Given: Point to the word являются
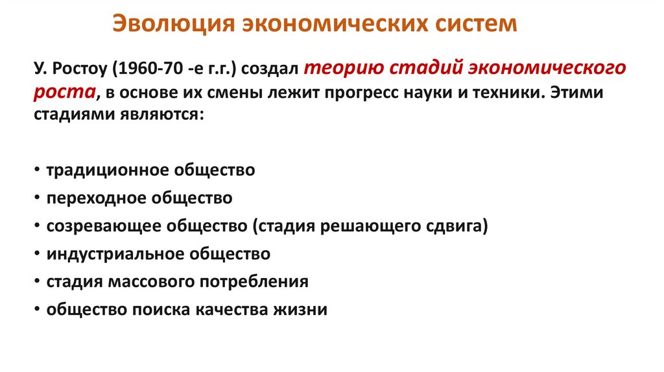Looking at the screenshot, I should point(161,114).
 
